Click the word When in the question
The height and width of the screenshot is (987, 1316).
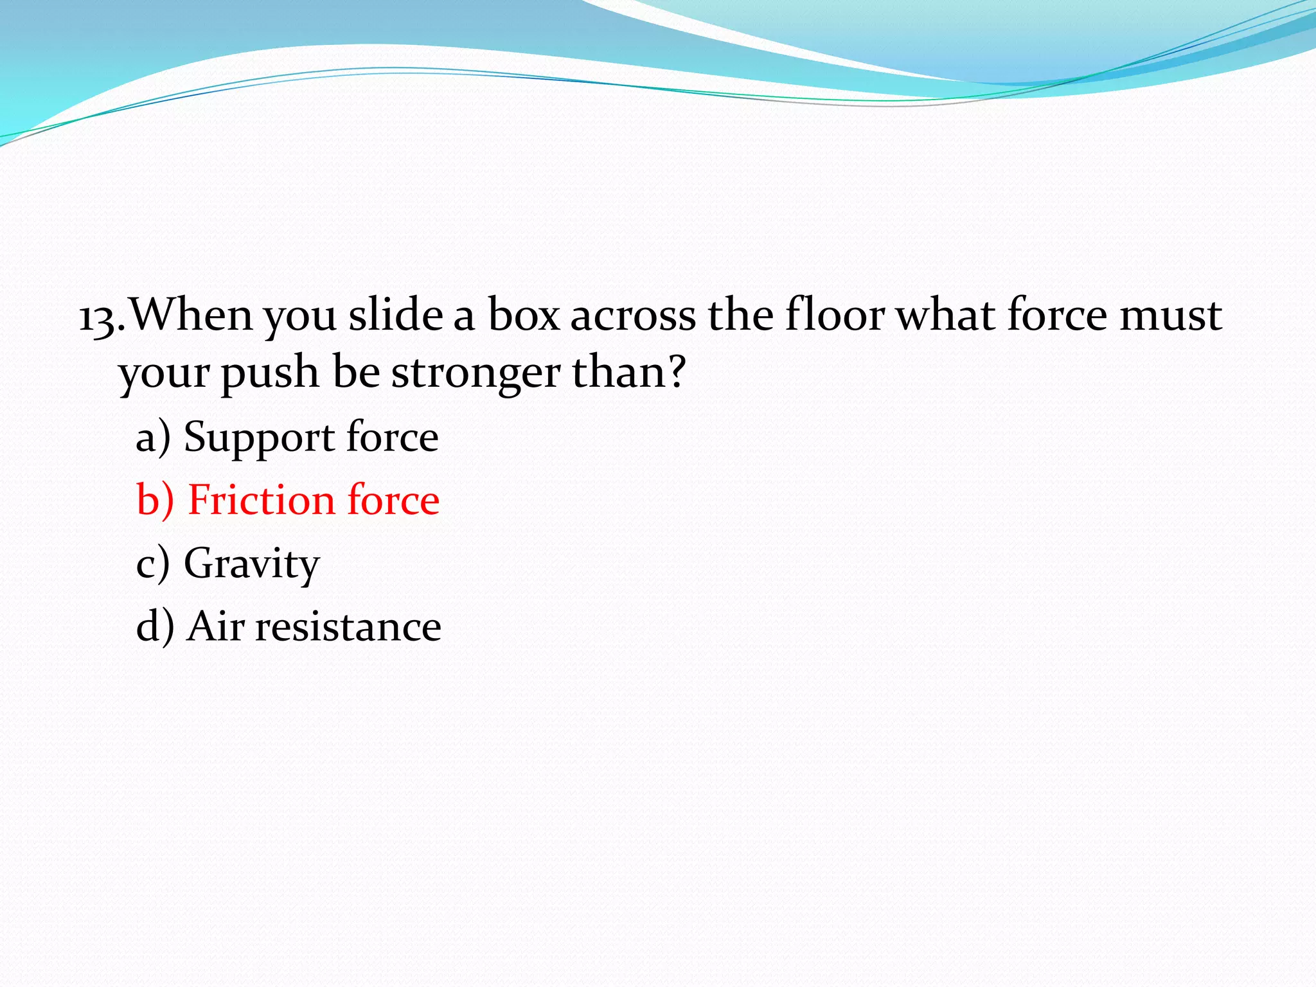[x=191, y=315]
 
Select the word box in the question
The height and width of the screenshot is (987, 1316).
[x=523, y=315]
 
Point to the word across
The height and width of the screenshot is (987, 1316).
[x=633, y=316]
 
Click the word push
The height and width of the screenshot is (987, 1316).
[x=270, y=373]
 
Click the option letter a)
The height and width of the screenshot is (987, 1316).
[x=153, y=438]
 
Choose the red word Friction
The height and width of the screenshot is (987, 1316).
[x=261, y=500]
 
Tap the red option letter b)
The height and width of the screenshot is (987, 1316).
[x=155, y=500]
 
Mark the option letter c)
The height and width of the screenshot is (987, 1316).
[x=153, y=564]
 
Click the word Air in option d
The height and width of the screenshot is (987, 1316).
[x=216, y=626]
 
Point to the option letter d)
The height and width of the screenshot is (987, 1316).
[x=155, y=627]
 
